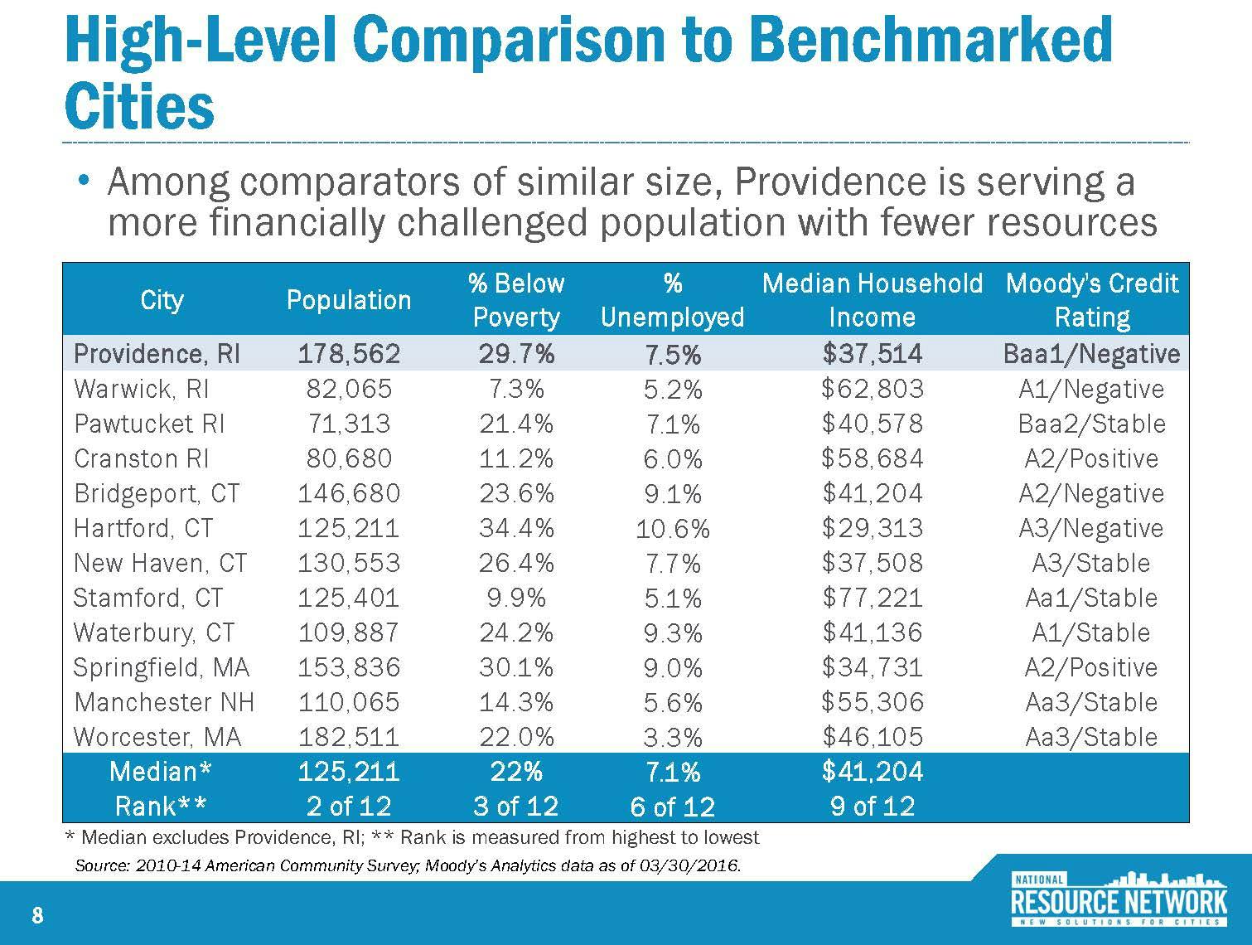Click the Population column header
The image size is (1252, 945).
349,300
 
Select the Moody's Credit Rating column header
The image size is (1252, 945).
1091,300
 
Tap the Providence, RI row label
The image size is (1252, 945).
157,354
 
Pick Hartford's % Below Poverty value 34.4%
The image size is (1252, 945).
516,528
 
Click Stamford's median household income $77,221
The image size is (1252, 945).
872,598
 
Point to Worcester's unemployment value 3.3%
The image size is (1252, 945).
673,737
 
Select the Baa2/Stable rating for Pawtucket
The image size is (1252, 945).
1091,424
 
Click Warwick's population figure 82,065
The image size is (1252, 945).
349,389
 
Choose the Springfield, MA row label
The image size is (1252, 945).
162,667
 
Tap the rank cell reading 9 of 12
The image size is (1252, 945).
872,806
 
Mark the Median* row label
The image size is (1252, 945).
161,772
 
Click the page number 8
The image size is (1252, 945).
36,915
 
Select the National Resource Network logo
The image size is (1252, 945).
1119,899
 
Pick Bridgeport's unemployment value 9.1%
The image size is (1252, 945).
673,494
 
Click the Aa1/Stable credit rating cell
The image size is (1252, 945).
1091,598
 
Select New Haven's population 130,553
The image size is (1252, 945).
349,563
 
